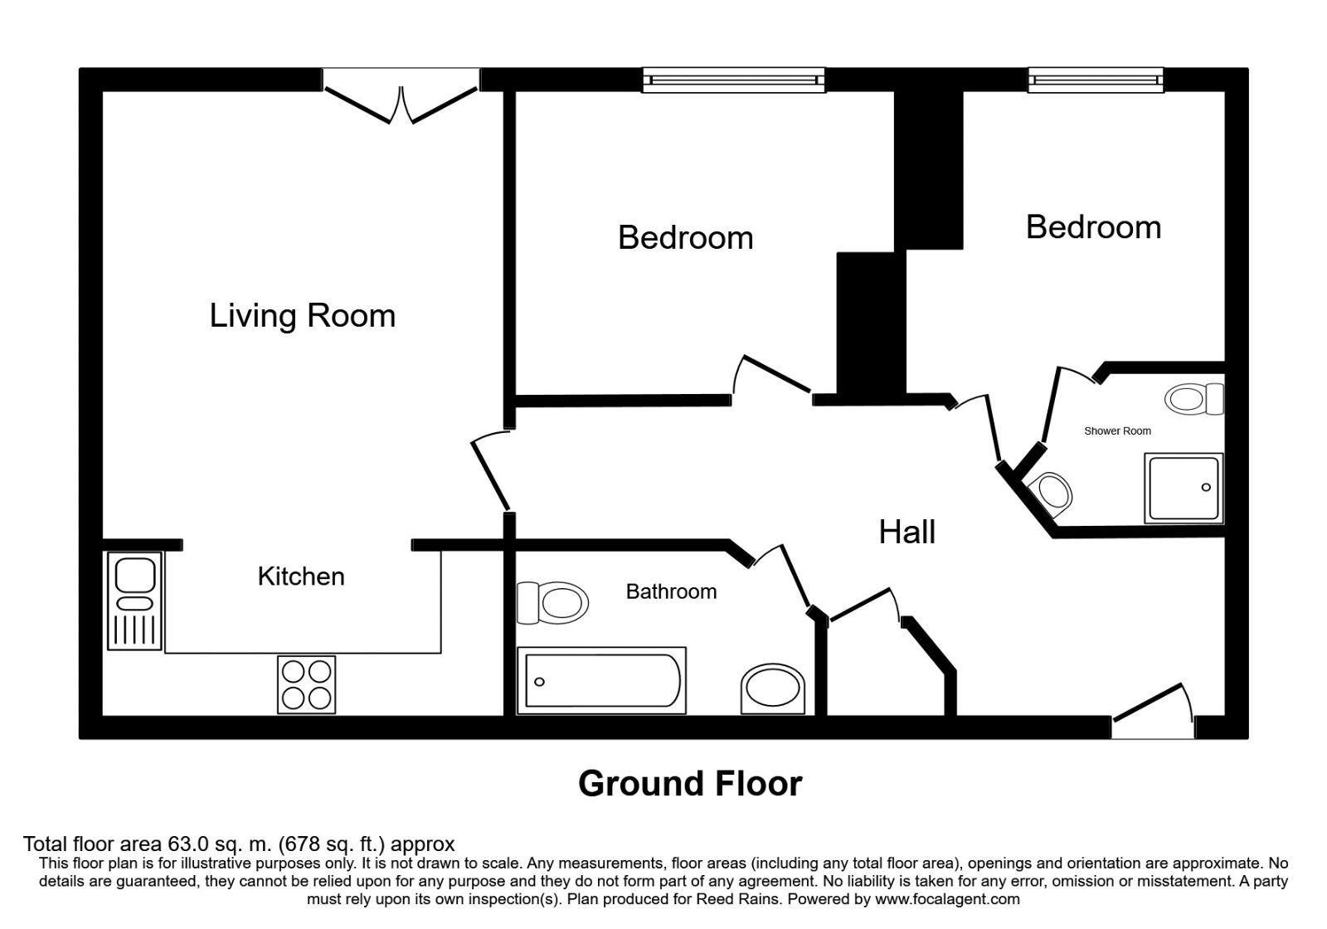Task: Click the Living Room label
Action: pos(302,316)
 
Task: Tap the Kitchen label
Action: pos(300,576)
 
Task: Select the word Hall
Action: pos(907,532)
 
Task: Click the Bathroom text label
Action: pos(671,591)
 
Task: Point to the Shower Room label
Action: pos(1117,431)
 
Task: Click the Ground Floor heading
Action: pos(689,784)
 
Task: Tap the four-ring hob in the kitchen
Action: pos(307,684)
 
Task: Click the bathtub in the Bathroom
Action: pos(602,681)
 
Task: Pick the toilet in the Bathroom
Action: pos(552,601)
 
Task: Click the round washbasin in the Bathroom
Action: pos(772,689)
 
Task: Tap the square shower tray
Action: pos(1184,488)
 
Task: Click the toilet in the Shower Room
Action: pos(1194,399)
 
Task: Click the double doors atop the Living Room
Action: pos(401,104)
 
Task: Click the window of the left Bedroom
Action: pos(734,80)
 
